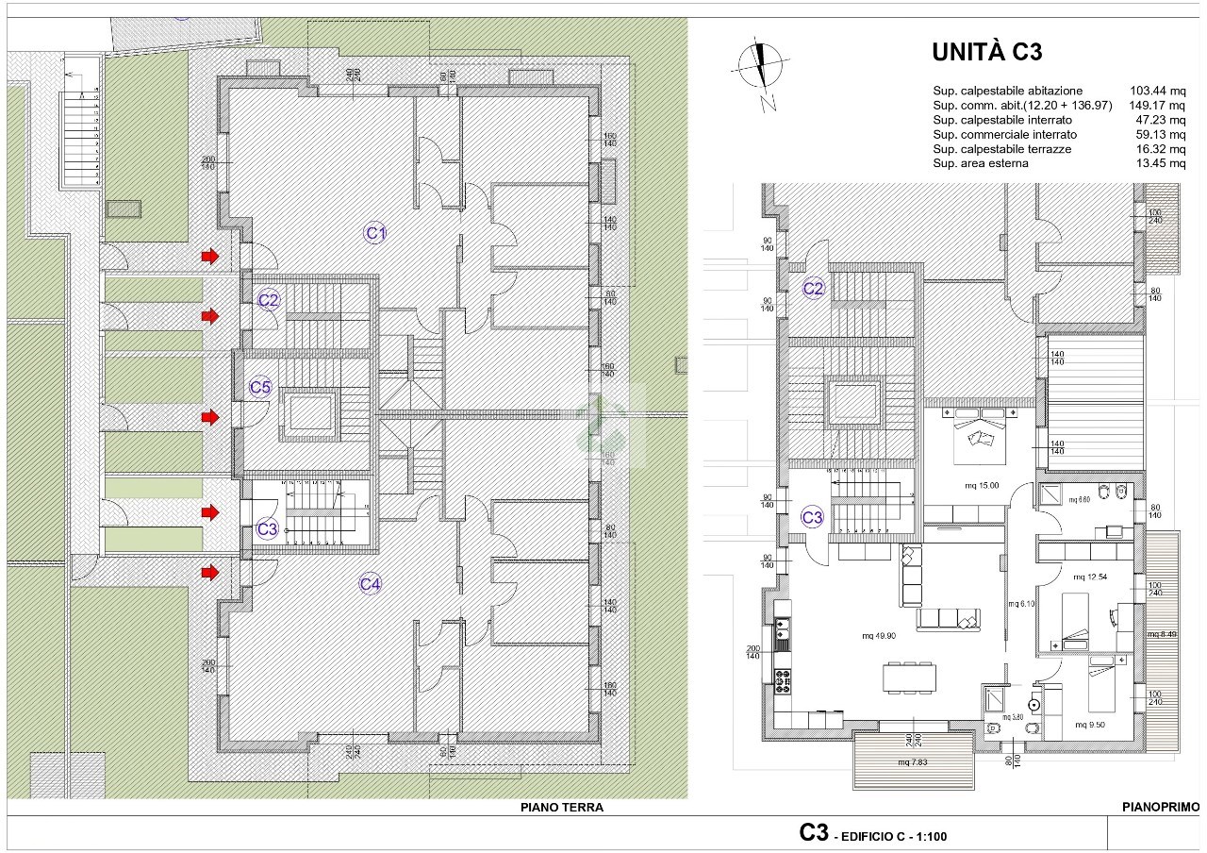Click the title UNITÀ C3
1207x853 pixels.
[986, 52]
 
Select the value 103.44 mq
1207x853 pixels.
[1156, 91]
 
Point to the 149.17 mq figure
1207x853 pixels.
[1156, 106]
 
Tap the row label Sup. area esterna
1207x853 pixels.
[980, 163]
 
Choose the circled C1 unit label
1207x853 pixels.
[375, 232]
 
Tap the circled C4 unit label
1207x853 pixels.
[371, 584]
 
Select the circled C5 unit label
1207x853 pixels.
[260, 387]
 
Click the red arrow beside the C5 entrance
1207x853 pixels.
[209, 416]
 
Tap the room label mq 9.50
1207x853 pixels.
[1088, 725]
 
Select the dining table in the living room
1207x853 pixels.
[911, 676]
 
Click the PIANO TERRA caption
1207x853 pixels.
[562, 808]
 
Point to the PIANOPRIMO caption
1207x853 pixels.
[1161, 808]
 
